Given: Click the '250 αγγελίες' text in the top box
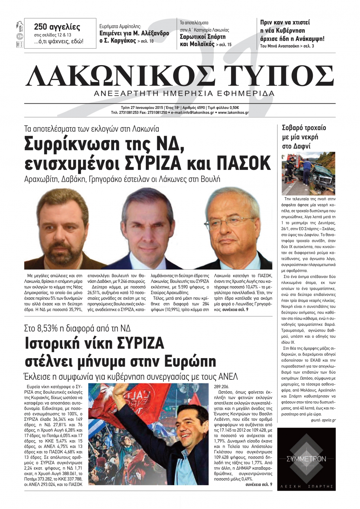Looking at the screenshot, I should [57, 27].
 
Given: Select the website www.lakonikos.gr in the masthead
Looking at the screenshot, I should [233, 113].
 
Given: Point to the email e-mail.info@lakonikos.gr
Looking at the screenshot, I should [193, 113].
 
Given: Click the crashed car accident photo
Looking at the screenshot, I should [308, 173].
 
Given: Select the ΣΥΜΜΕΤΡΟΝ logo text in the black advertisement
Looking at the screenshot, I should [306, 459].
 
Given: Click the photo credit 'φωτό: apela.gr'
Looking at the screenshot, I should [323, 420].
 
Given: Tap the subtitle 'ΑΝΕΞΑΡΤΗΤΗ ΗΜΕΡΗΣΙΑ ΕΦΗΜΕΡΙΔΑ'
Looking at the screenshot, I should [184, 94].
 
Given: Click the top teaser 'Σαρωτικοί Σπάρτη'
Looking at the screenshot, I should [202, 37].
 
